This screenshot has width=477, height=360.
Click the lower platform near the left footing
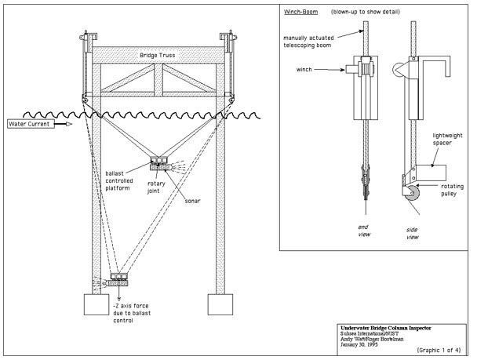118,278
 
